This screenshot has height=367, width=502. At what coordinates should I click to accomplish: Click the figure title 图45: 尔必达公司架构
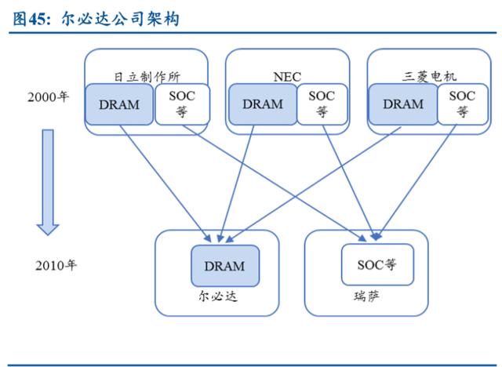point(96,19)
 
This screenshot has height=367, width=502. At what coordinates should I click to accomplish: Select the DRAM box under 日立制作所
point(119,104)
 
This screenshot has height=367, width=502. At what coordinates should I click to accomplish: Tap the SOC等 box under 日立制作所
point(182,104)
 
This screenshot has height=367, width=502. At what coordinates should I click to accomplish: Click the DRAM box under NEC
point(263,104)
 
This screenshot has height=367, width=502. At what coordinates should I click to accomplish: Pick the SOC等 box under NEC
point(322,104)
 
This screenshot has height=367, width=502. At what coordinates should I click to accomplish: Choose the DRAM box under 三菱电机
point(403,104)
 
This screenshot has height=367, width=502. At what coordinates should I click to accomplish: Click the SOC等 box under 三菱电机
point(463,104)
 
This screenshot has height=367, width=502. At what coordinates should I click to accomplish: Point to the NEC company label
point(287,77)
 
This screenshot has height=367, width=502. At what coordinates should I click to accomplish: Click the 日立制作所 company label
point(147,77)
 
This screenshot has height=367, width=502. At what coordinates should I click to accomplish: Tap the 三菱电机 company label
point(429,77)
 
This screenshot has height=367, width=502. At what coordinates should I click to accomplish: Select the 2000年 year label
point(48,97)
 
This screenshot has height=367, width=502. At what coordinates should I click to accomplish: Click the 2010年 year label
point(56,265)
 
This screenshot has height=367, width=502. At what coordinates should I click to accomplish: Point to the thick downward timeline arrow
point(48,183)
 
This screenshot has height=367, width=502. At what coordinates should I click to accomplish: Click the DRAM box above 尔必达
point(225,266)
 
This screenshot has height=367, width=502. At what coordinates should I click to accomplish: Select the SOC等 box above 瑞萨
point(377,264)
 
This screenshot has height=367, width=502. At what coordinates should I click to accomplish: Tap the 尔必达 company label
point(218,296)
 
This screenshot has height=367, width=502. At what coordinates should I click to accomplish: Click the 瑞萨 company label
point(367,296)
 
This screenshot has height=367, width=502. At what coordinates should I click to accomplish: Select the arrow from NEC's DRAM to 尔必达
point(236,183)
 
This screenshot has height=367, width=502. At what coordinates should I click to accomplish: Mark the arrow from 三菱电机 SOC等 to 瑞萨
point(417,182)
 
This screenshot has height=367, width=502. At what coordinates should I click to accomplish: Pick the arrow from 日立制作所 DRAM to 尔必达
point(166,183)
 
